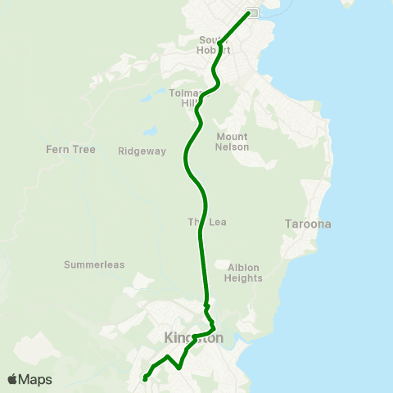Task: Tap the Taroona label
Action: coord(307,224)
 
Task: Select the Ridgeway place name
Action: coord(142,151)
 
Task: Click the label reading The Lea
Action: coord(206,222)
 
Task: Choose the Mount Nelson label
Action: coord(233,142)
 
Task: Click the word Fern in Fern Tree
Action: coord(59,150)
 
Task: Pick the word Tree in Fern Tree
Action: coord(84,150)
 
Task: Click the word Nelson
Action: coord(233,147)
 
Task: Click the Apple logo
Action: coord(12,379)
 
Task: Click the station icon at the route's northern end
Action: coord(253,12)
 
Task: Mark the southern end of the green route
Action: coord(145,378)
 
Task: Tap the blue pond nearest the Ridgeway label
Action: coord(151,131)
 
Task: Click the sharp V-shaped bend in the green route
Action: coord(178,368)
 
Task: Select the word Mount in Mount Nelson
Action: coord(233,137)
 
